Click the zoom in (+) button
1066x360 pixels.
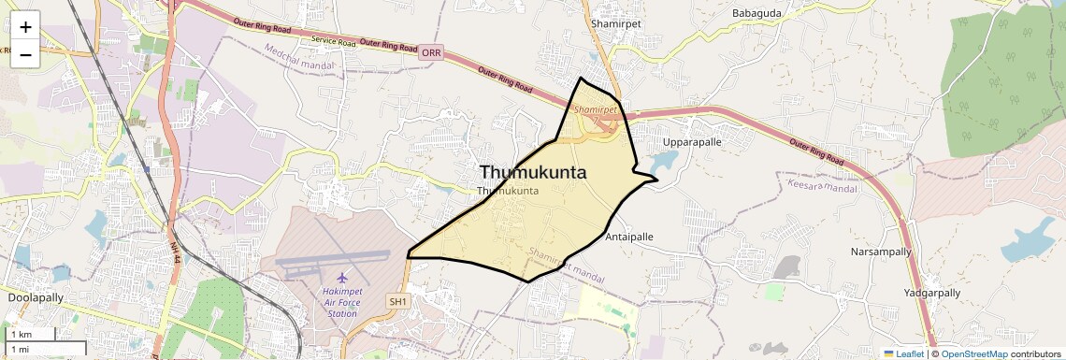(25, 27)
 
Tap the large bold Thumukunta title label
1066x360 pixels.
(533, 172)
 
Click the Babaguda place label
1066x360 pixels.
(756, 13)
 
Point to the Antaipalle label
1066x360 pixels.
(629, 238)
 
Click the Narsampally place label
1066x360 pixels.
(880, 252)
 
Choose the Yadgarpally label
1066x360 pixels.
(932, 293)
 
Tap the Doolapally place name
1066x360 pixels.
(36, 296)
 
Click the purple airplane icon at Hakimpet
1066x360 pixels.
(342, 278)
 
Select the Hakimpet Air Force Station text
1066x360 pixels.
(342, 302)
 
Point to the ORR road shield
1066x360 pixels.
(431, 53)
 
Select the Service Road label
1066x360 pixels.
(334, 42)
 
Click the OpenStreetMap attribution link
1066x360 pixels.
(973, 353)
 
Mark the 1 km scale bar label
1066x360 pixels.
(21, 335)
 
